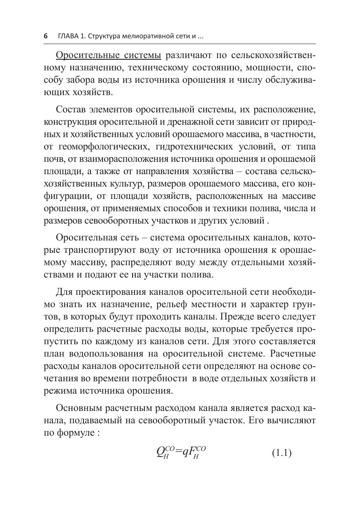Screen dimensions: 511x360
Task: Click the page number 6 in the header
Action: pos(46,36)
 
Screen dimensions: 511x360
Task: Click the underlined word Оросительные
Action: pos(82,55)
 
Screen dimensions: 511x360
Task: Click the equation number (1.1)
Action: pos(281,453)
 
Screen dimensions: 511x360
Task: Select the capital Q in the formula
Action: pos(160,453)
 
